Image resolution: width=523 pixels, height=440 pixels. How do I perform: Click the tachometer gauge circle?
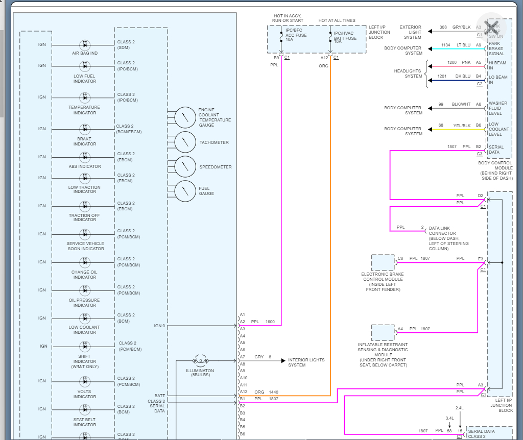pos(185,142)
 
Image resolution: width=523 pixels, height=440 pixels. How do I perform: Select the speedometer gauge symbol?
pos(185,167)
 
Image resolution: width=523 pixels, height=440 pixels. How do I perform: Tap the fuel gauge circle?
pos(185,191)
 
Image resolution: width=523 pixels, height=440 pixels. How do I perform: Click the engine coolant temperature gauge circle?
pos(185,118)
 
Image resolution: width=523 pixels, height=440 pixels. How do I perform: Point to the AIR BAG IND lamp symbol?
pos(85,44)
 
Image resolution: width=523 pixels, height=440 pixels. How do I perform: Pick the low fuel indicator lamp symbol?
pos(85,66)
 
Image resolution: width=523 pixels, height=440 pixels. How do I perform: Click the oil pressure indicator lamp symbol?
pos(85,290)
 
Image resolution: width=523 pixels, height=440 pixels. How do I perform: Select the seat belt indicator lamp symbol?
pos(85,409)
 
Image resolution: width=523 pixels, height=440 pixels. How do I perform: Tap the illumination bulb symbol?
pos(200,360)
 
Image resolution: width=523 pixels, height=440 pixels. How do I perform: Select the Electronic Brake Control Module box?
pos(383,262)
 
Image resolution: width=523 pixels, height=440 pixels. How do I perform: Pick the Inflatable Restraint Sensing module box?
pos(383,332)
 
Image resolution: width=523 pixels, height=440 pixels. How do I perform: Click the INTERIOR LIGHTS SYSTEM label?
pos(306,362)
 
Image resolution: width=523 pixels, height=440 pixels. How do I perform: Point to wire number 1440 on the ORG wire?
pos(274,392)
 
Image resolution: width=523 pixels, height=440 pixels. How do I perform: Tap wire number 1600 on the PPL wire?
pos(270,322)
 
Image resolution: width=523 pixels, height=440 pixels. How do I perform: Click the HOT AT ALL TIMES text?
pos(337,20)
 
